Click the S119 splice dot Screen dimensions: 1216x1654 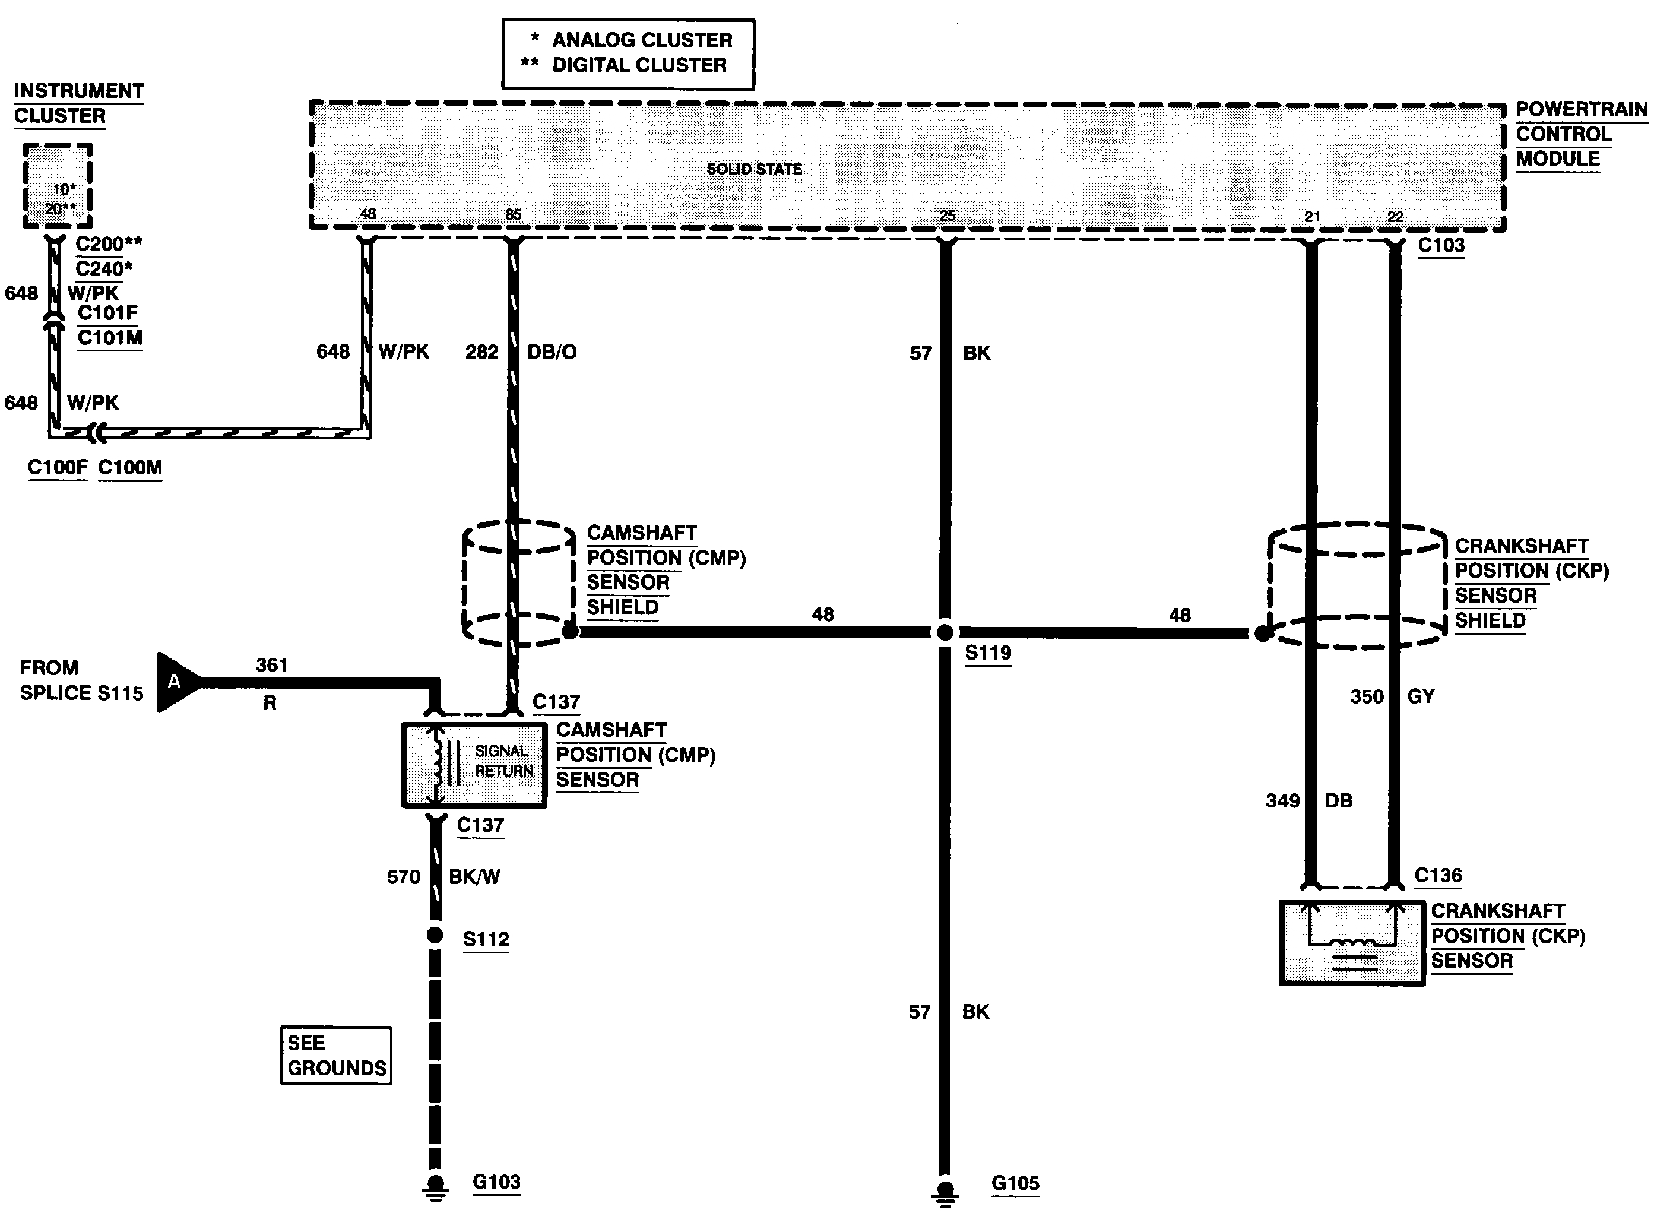point(945,632)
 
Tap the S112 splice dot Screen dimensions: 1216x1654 point(435,935)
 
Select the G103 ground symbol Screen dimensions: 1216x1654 point(435,1185)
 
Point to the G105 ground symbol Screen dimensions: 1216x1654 point(945,1189)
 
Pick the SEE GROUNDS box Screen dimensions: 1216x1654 point(337,1056)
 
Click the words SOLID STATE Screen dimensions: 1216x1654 point(754,169)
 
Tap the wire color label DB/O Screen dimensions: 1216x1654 point(552,352)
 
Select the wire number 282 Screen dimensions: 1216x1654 point(481,352)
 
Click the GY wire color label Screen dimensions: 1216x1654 point(1421,696)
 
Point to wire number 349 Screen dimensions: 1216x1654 point(1282,801)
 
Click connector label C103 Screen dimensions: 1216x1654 point(1441,245)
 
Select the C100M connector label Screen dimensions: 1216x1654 point(129,467)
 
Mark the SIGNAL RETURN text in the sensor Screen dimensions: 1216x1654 point(503,761)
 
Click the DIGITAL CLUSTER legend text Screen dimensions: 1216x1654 point(639,65)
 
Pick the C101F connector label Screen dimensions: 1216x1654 point(107,313)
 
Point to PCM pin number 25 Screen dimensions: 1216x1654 point(948,216)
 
